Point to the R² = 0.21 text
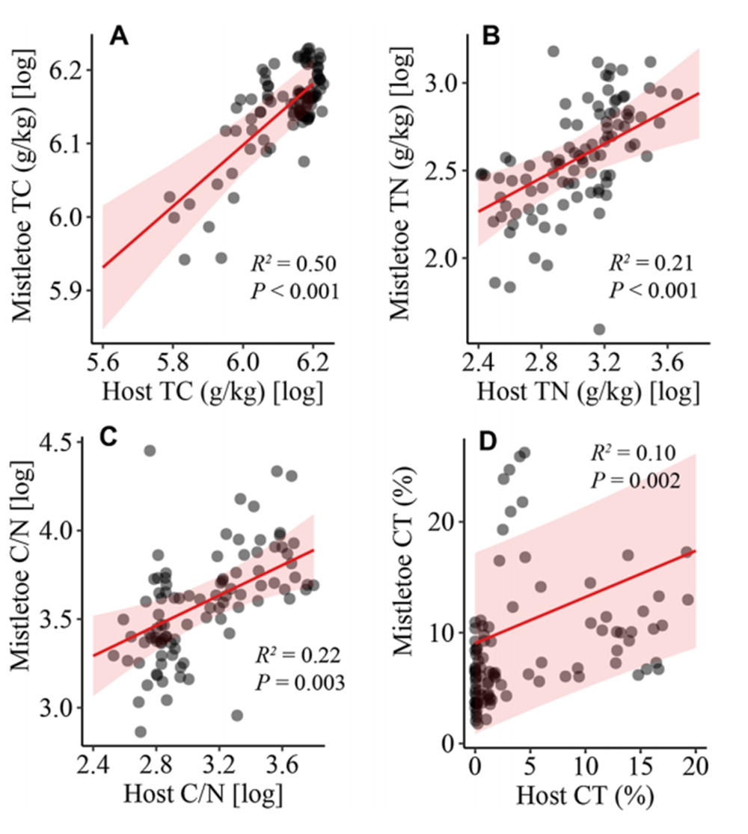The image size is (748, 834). point(652,263)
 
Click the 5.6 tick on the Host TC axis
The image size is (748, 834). point(102,359)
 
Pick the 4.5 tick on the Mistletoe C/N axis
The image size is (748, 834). point(66,442)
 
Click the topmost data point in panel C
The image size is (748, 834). point(150,450)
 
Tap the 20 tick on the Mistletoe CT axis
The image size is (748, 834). point(447,521)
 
